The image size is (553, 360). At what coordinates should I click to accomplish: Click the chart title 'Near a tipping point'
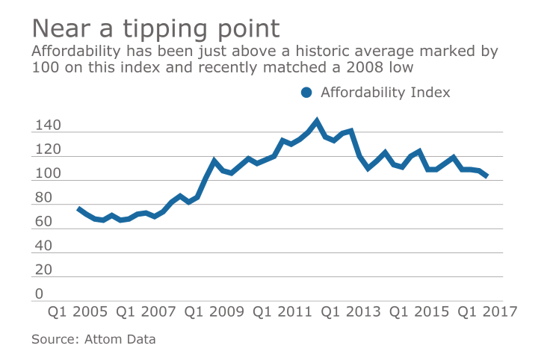coord(155,28)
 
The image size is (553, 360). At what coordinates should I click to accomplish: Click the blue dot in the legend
coord(306,93)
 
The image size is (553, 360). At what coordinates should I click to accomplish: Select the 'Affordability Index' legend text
coord(385,93)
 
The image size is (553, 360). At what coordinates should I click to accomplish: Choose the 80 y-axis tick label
coord(42,198)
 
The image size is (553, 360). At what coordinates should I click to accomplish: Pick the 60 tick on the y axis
coord(42,222)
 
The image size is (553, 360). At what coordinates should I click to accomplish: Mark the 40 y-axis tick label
coord(42,246)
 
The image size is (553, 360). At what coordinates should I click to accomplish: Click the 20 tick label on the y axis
coord(42,270)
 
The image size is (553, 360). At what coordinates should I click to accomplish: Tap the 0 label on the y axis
coord(38,294)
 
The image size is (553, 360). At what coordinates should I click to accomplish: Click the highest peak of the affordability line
coord(317,120)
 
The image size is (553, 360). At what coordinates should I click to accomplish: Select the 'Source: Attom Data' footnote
coord(93,339)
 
